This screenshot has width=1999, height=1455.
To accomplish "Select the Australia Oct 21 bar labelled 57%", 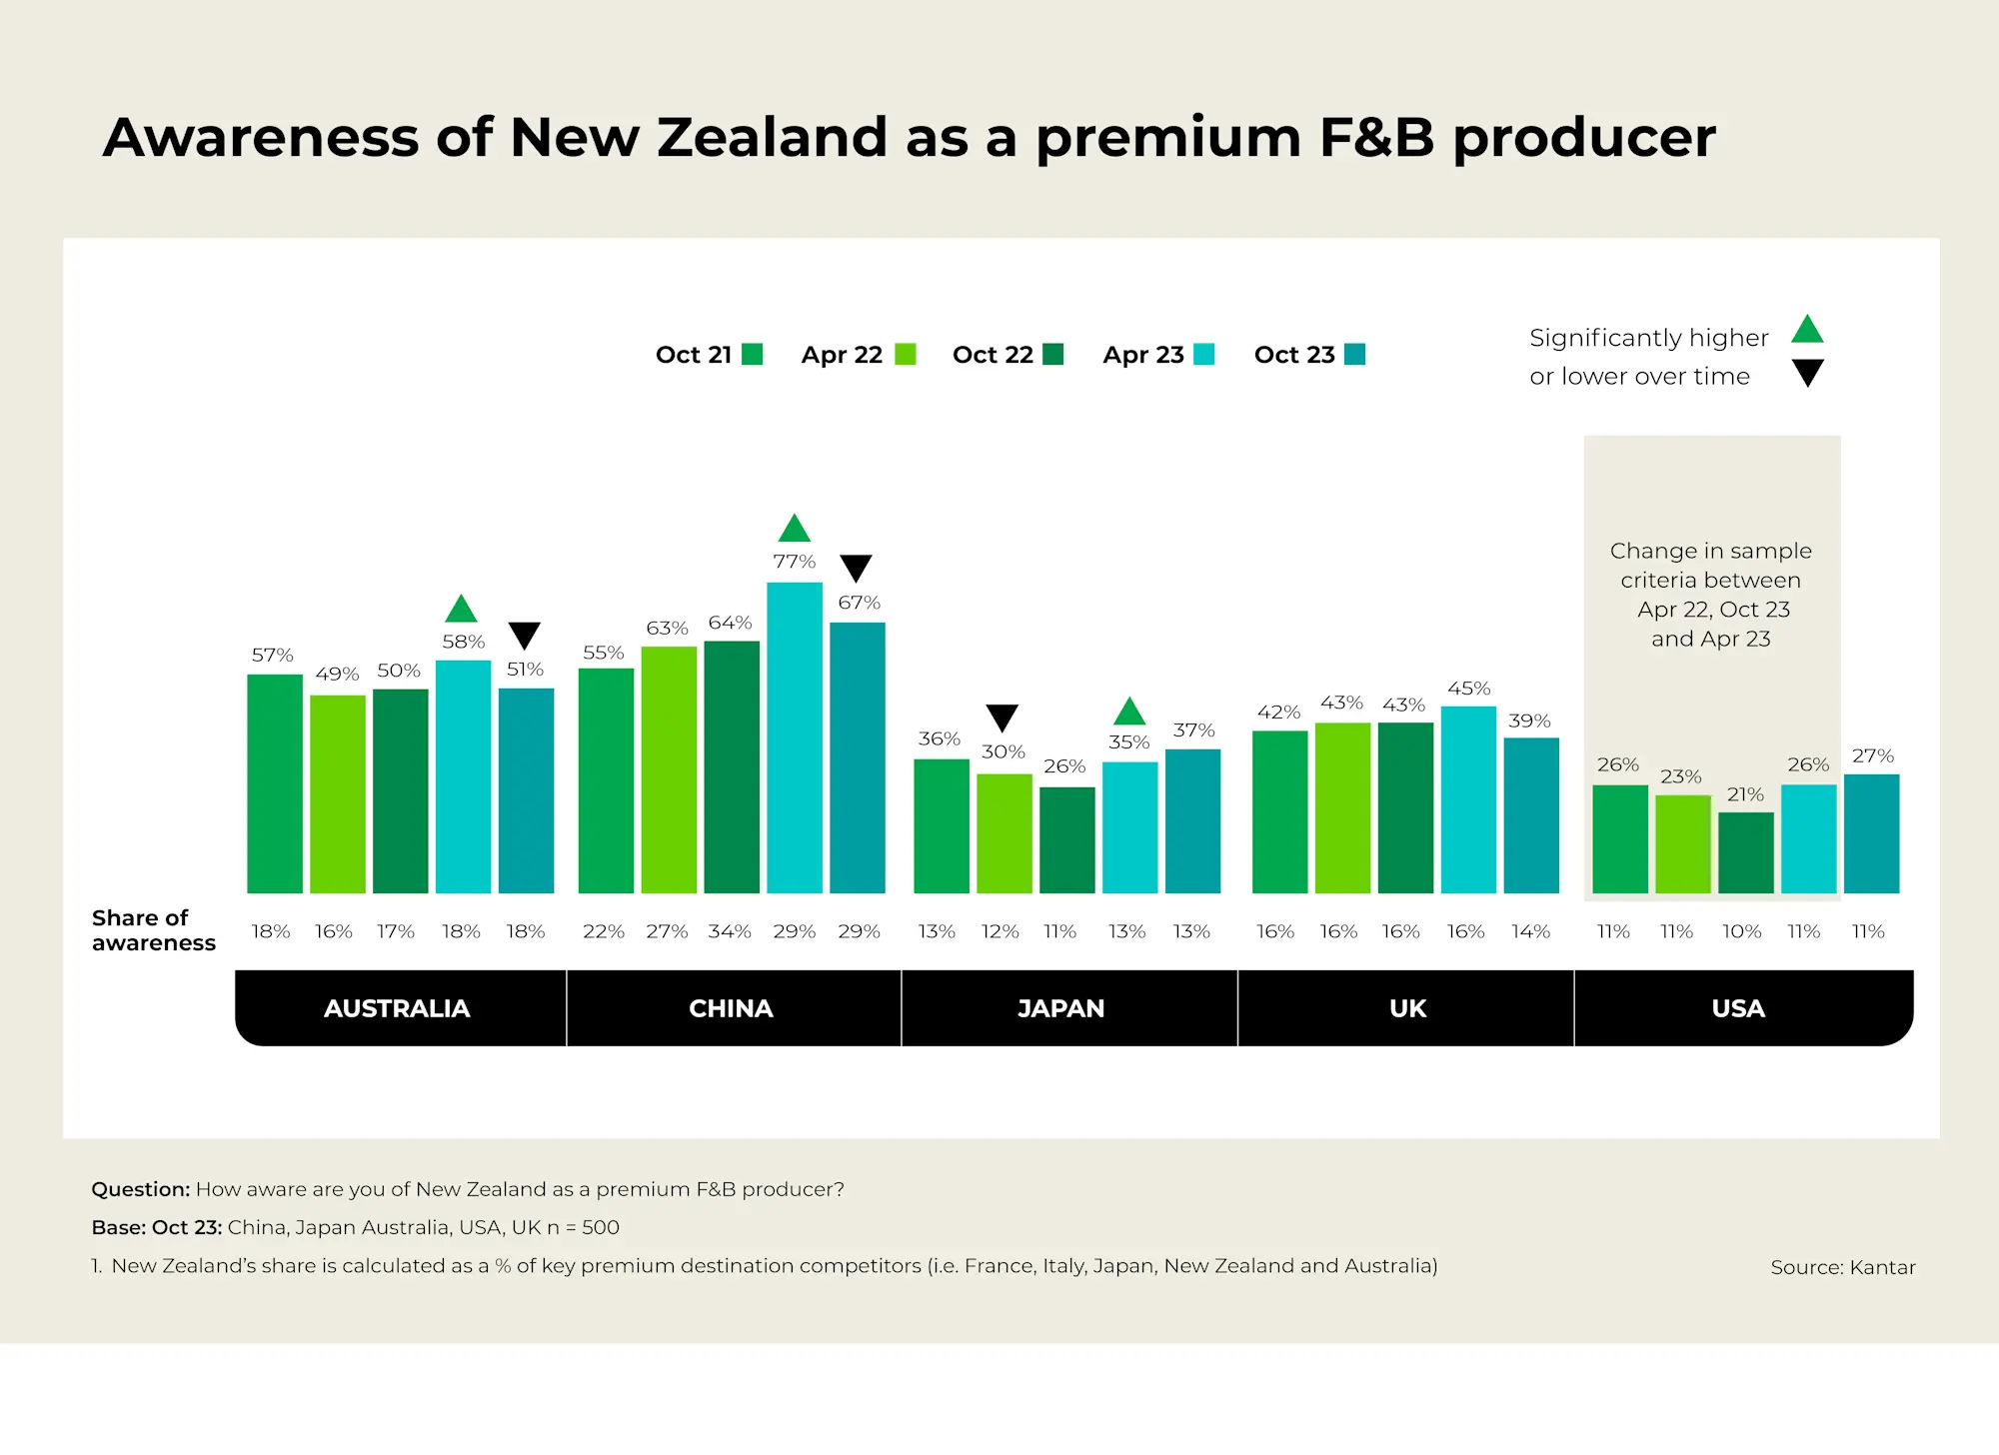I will point(275,783).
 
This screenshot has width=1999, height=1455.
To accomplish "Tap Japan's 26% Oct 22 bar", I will point(1066,840).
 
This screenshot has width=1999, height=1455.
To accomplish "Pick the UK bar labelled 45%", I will point(1468,799).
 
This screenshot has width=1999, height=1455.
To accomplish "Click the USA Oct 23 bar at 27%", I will point(1871,833).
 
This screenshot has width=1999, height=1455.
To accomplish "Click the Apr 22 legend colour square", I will point(906,355).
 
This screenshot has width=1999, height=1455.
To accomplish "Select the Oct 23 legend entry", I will point(1308,355).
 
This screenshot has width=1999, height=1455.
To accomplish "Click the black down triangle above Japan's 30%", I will point(1001,717).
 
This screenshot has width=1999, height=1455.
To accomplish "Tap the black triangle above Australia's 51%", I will point(525,635).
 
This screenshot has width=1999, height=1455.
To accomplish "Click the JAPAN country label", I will point(1060,1008).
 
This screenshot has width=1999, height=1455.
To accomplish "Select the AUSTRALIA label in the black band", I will point(397,1008).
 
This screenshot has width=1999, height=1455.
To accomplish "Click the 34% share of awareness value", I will point(730,931).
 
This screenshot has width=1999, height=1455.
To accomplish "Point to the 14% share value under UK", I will point(1530,931).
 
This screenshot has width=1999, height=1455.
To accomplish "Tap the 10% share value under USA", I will point(1741,931).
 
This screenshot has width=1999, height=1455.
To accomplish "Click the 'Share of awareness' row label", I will point(153,930).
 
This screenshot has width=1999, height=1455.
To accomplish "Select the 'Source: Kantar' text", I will point(1842,1267).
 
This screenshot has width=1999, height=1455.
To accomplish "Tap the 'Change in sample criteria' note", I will point(1710,595).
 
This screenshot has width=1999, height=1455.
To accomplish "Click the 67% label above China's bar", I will point(859,603).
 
